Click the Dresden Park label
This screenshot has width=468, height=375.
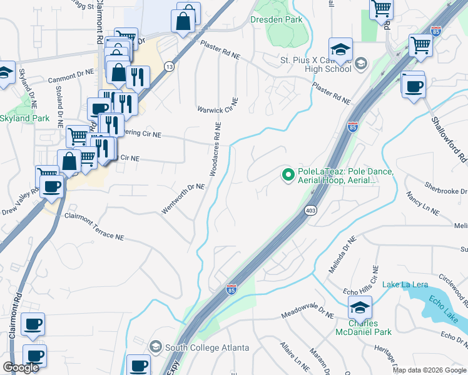click(x=277, y=19)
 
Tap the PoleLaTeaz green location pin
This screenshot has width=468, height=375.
click(x=288, y=175)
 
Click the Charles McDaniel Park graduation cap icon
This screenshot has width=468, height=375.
click(x=360, y=307)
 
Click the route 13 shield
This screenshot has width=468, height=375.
click(x=169, y=66)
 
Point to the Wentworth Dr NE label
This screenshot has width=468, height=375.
click(x=183, y=199)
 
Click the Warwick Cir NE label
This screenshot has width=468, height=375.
click(x=218, y=106)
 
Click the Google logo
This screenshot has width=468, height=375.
click(x=21, y=367)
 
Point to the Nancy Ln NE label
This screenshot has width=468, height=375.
click(x=423, y=204)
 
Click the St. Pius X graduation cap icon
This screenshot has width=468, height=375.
click(x=341, y=49)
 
